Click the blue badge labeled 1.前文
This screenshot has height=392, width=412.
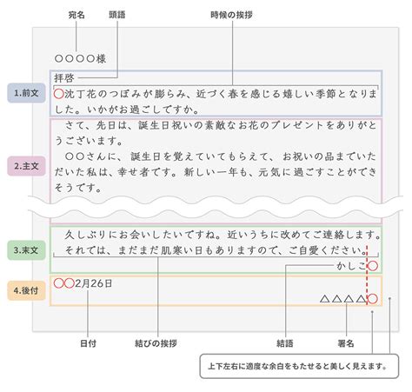(26, 93)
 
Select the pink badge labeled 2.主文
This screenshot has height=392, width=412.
(26, 166)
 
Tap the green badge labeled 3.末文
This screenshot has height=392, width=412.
(26, 250)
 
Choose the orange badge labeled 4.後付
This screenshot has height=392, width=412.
(26, 290)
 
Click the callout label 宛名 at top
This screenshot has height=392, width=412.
(76, 15)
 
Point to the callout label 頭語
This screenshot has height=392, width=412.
(117, 15)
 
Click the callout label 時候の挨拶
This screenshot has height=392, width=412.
(231, 15)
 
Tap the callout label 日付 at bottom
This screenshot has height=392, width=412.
(88, 343)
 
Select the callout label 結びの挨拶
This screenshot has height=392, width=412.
(156, 343)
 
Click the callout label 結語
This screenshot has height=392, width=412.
(285, 343)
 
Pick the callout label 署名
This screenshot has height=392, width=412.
(346, 343)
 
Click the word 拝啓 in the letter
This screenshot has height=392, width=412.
(64, 78)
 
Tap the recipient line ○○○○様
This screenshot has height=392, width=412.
(80, 59)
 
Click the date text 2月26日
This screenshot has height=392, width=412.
(94, 283)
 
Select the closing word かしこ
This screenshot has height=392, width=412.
(352, 266)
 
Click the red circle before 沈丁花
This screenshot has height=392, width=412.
(59, 94)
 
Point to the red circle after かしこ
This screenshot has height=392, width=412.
(373, 266)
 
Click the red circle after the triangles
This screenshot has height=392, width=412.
(373, 299)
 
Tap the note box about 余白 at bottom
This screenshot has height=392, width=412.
(299, 366)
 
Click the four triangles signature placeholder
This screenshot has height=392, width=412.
(343, 299)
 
